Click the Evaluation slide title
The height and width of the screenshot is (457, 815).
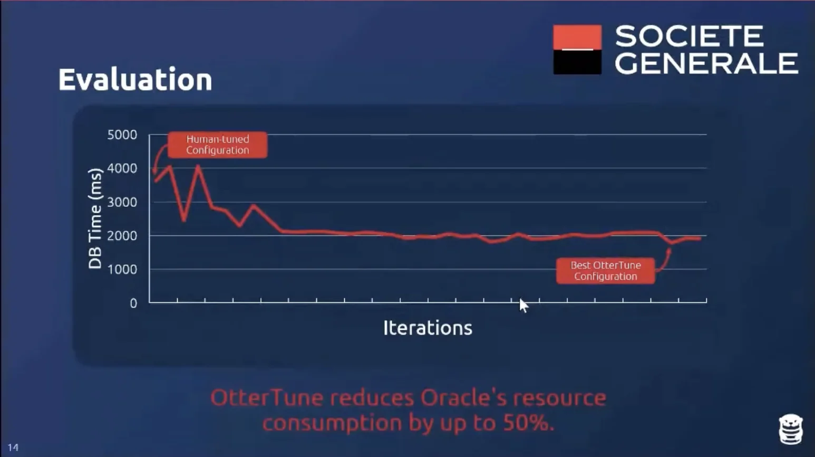135,80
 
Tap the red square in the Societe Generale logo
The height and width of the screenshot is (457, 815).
577,36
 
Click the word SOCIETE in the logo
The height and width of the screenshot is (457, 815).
688,36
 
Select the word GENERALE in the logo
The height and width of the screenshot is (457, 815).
706,63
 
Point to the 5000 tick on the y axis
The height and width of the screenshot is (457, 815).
122,135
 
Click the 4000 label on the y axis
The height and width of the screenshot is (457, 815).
122,168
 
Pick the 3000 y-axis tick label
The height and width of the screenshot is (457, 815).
122,202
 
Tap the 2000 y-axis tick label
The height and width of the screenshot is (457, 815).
122,236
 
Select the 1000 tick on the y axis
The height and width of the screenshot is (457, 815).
122,270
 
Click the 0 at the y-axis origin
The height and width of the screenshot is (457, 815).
133,303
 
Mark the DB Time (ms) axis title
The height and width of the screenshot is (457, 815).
95,218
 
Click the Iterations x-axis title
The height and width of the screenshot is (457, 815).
428,328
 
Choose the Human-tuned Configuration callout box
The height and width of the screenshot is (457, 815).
217,145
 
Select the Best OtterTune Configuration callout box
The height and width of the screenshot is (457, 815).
605,271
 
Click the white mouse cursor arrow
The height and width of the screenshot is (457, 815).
523,305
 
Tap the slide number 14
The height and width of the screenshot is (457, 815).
13,448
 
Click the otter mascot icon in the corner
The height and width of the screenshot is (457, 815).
790,429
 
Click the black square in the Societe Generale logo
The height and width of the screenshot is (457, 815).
577,62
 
